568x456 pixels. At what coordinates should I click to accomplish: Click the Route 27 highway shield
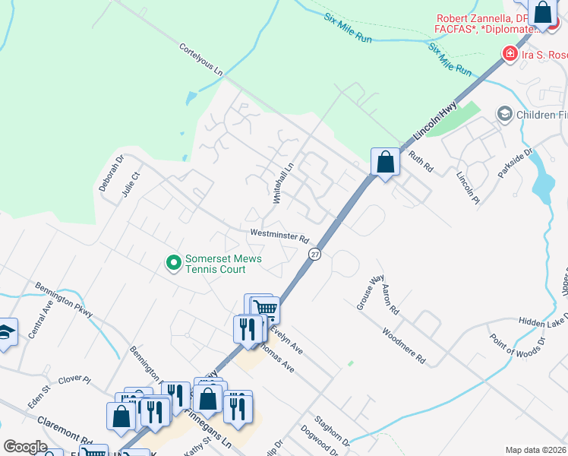(x=315, y=255)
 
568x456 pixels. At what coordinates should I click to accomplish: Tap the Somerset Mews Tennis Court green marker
(x=174, y=264)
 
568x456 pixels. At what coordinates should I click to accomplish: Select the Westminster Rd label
(x=279, y=235)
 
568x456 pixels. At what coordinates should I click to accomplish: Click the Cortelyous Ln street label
(x=201, y=59)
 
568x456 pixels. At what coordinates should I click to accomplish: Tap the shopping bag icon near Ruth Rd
(x=386, y=162)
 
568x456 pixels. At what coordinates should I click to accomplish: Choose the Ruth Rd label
(x=420, y=162)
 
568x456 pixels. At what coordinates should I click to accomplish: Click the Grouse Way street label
(x=370, y=293)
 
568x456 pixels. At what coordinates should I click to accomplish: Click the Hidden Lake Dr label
(x=544, y=322)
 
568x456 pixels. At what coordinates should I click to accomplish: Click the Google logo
(x=25, y=447)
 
